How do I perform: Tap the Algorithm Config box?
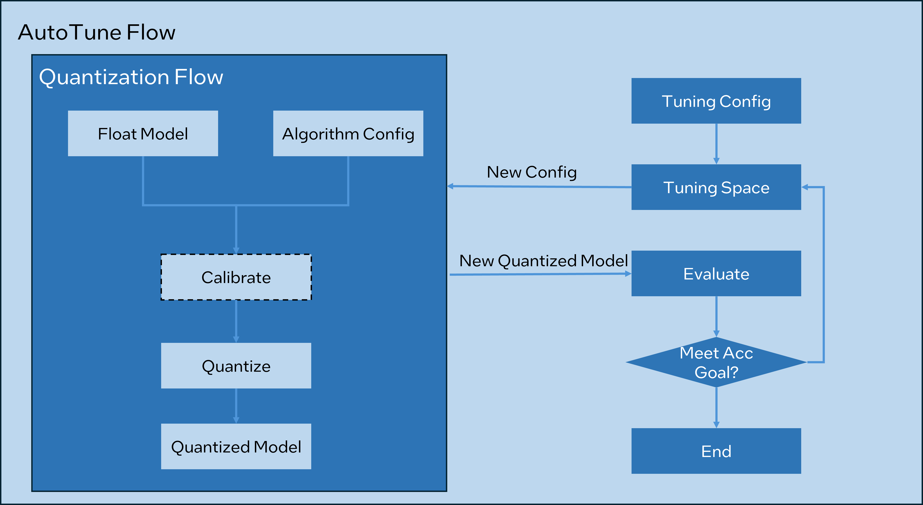348,134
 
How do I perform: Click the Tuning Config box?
716,101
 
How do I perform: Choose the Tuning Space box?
716,187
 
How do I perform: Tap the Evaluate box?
716,274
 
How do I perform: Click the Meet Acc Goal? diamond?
716,362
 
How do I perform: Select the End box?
716,451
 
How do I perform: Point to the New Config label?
532,172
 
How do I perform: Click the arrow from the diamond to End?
716,407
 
